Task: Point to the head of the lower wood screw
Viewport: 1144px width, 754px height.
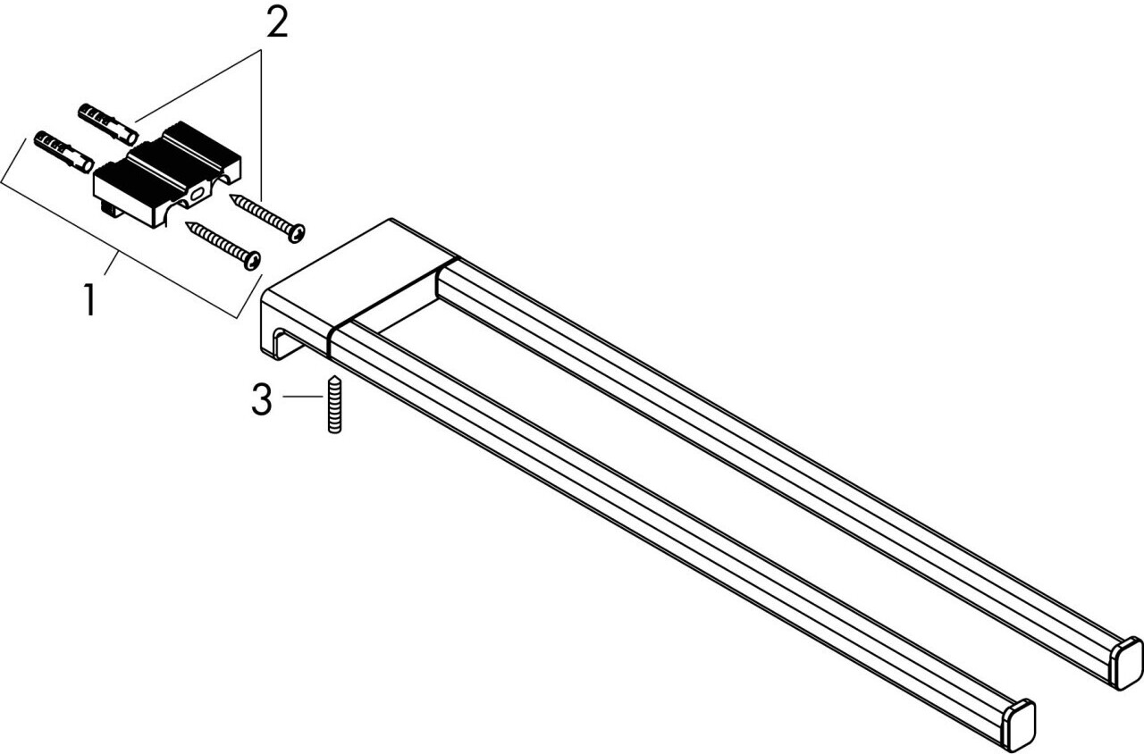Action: pos(252,260)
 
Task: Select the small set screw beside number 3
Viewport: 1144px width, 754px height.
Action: pos(333,405)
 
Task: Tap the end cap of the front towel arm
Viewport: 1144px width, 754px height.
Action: pos(1019,724)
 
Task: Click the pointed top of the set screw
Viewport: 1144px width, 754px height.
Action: pos(333,379)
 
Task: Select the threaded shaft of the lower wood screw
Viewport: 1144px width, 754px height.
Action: pos(219,242)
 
